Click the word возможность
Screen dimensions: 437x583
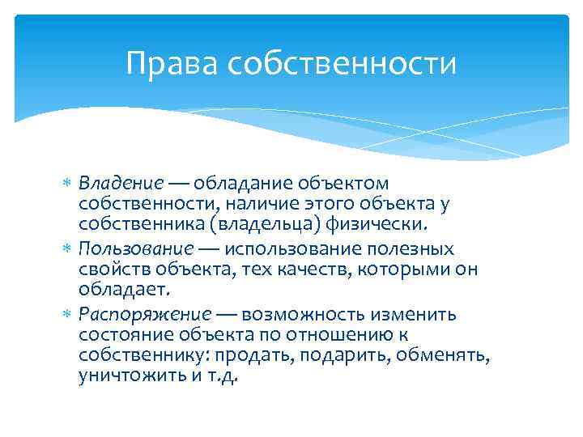(304, 312)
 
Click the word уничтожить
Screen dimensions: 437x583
(126, 375)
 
